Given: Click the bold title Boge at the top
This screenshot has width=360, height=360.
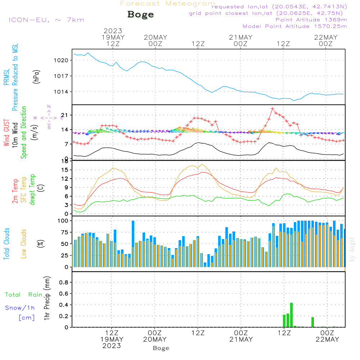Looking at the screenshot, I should tap(140, 15).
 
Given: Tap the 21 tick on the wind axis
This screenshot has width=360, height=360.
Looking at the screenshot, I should tap(65, 115).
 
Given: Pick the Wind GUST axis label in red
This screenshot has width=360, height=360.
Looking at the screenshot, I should tap(6, 133).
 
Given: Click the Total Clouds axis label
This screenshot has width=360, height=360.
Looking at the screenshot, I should tap(6, 244).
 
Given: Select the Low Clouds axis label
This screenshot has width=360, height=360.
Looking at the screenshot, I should tap(24, 244).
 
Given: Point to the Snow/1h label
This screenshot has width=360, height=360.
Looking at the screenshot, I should tap(20, 308).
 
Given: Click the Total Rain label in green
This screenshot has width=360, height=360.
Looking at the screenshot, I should tap(24, 295).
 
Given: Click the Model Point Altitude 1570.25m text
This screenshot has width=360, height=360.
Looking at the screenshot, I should tap(294, 26).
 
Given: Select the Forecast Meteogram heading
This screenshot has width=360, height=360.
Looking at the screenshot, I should tap(168, 4).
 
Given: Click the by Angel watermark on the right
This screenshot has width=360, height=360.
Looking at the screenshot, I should tap(352, 250).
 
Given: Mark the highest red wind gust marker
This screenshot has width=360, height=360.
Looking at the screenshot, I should tap(273, 109).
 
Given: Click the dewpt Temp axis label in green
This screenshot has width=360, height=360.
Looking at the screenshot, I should tap(32, 189).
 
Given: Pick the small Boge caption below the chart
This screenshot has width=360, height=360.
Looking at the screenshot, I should tap(161, 348).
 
